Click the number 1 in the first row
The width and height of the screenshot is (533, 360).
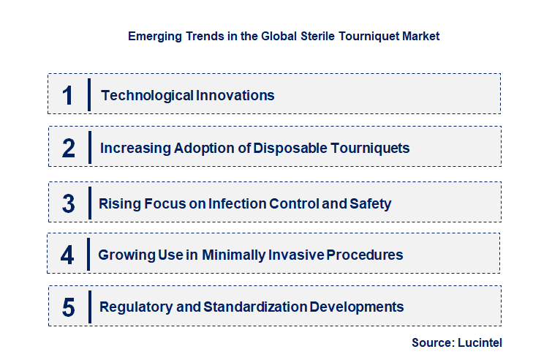coord(68,95)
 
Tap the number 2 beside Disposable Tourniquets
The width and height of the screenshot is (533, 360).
coord(69,149)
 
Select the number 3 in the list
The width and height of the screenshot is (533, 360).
coord(69,203)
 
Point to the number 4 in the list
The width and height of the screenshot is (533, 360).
coord(68,255)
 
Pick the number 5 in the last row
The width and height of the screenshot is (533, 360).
coord(69,307)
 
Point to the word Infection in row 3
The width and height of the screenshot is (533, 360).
coord(236,203)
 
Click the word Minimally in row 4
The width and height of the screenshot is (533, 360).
coord(246,255)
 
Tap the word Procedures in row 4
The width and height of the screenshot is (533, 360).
coord(364,255)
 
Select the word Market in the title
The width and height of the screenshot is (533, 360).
coord(421,36)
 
